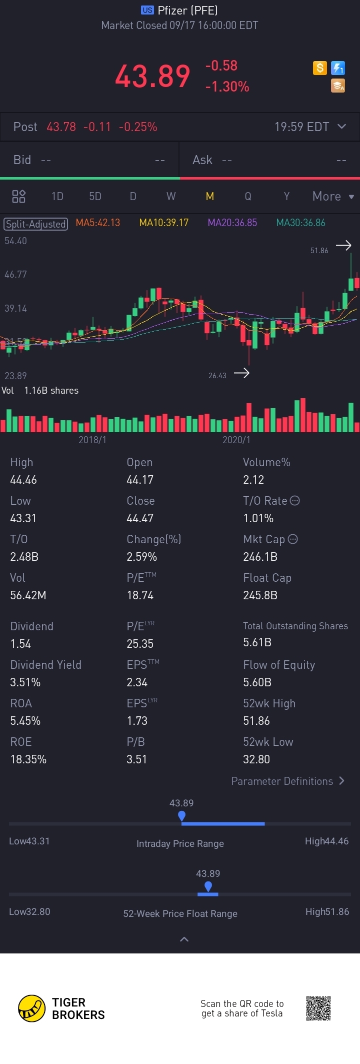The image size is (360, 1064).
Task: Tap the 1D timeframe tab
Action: (x=57, y=197)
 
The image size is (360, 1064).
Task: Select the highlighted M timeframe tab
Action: (x=210, y=197)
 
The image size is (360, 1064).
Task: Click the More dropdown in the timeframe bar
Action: (x=332, y=197)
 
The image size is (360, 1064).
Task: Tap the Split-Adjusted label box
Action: (x=36, y=224)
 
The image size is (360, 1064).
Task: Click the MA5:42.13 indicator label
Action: (x=98, y=223)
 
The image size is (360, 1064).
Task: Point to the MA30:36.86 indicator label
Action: (x=300, y=223)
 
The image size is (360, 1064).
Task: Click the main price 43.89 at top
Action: (x=152, y=77)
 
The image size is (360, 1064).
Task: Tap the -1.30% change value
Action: (x=227, y=87)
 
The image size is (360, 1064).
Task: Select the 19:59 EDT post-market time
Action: (x=301, y=127)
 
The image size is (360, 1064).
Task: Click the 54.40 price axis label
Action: (x=15, y=241)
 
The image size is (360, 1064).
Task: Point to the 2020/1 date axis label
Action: (x=236, y=440)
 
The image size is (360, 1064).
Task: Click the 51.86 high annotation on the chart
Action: (x=319, y=250)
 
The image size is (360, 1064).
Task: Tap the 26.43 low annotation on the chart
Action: (x=217, y=376)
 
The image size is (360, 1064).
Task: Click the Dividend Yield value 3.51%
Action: (x=25, y=682)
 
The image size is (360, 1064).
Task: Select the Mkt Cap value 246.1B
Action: (x=260, y=557)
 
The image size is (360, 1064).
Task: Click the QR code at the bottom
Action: (x=318, y=1008)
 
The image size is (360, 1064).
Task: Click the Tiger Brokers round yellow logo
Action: (x=31, y=1008)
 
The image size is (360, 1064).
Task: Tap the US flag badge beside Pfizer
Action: (x=147, y=10)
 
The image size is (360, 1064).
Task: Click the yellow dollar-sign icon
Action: (x=320, y=68)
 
